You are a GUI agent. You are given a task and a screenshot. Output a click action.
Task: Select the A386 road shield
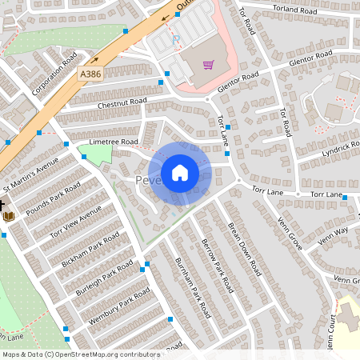point(90,73)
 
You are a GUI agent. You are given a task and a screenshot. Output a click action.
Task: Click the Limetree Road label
point(114,142)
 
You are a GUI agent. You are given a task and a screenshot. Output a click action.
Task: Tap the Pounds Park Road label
point(54,198)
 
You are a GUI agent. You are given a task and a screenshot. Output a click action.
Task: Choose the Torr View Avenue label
point(76,222)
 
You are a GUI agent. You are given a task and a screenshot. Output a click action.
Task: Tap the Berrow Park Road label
point(217,265)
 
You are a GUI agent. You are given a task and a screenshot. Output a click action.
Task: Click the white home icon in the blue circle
point(180,173)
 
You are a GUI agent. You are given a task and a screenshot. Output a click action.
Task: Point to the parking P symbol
point(176,39)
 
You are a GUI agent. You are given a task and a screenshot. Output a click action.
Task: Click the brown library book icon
point(9,215)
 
